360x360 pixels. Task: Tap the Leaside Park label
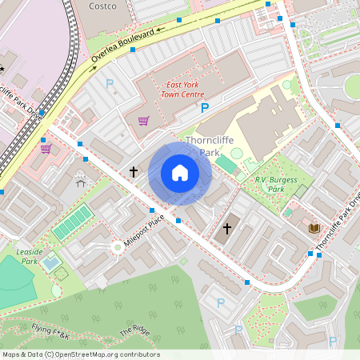[x=29, y=256]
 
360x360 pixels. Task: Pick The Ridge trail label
[x=135, y=330]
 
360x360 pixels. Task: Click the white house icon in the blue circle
[x=180, y=172]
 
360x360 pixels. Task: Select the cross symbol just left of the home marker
[x=134, y=172]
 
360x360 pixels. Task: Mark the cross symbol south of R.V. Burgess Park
[x=226, y=229]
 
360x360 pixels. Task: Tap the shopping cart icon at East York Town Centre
[x=143, y=121]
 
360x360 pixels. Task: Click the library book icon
[x=314, y=228]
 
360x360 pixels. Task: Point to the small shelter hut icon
[x=81, y=182]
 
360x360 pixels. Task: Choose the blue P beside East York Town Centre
[x=204, y=107]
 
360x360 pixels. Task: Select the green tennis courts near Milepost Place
[x=74, y=222]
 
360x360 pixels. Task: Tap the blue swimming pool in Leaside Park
[x=50, y=262]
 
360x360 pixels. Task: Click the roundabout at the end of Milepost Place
[x=118, y=246]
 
